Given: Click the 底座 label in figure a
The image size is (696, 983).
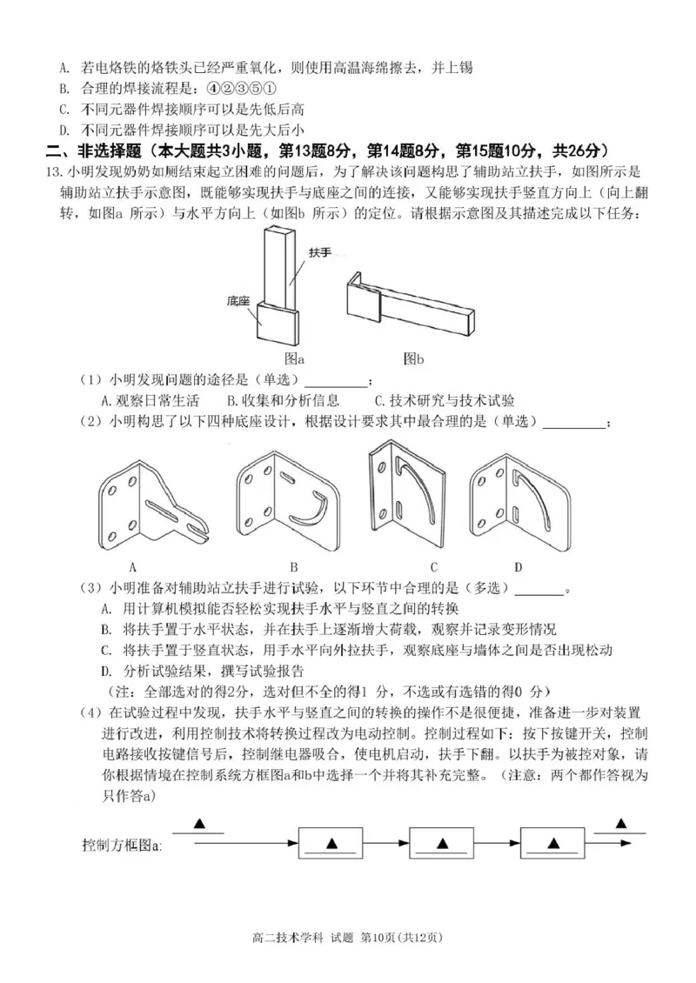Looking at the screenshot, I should click(238, 301).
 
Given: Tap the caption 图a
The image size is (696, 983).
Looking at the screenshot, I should click(294, 358).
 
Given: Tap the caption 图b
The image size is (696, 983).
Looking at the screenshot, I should click(414, 358).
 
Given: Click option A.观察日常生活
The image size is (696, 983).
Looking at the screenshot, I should click(150, 400).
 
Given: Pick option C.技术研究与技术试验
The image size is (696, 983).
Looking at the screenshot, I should click(444, 400).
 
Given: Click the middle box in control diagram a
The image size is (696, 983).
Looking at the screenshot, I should click(441, 844).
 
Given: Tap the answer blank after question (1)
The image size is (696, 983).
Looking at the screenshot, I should click(335, 380).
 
